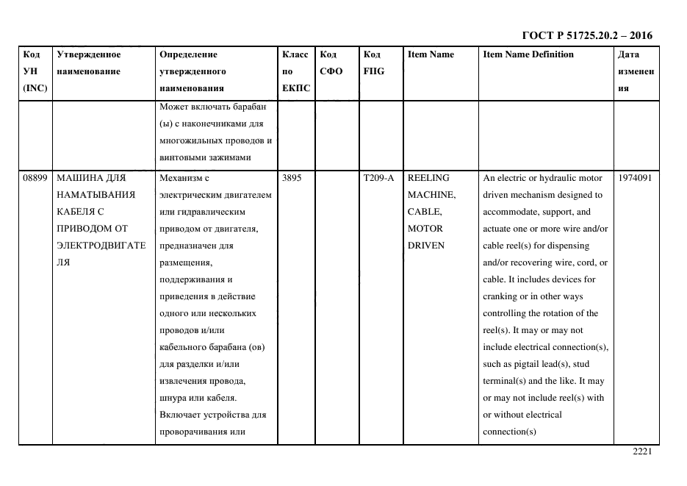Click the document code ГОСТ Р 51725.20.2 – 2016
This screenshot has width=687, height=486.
tap(586, 35)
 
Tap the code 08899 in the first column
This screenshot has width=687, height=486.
tap(35, 178)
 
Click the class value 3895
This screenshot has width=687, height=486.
tap(292, 178)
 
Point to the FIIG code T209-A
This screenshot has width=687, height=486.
tap(378, 178)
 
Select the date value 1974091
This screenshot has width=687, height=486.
tap(635, 178)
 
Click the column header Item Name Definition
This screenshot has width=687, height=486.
tap(528, 54)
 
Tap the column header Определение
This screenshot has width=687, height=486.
tap(188, 54)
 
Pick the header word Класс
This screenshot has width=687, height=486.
tap(295, 54)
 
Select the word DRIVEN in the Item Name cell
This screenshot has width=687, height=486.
tap(426, 246)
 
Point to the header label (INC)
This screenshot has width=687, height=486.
tap(35, 88)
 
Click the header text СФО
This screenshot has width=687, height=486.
tap(331, 71)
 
